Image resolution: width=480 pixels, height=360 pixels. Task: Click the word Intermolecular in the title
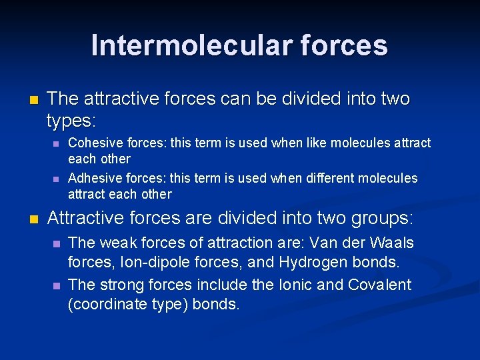coord(181,46)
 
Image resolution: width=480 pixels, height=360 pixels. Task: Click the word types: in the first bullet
coord(71,121)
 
